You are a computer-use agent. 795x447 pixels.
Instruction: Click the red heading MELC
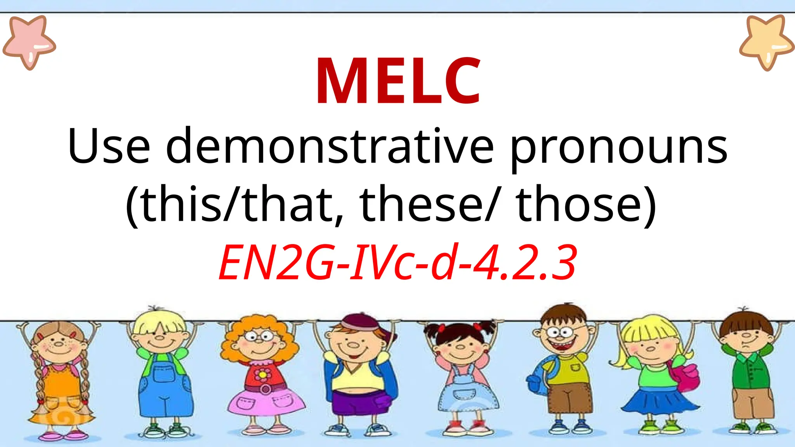(398, 81)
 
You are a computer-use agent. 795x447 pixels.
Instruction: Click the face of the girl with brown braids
(58, 343)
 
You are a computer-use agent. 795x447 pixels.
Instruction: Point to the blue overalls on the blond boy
(165, 388)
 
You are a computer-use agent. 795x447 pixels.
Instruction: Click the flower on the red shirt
(264, 374)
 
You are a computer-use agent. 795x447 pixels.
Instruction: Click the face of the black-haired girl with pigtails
(460, 345)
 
